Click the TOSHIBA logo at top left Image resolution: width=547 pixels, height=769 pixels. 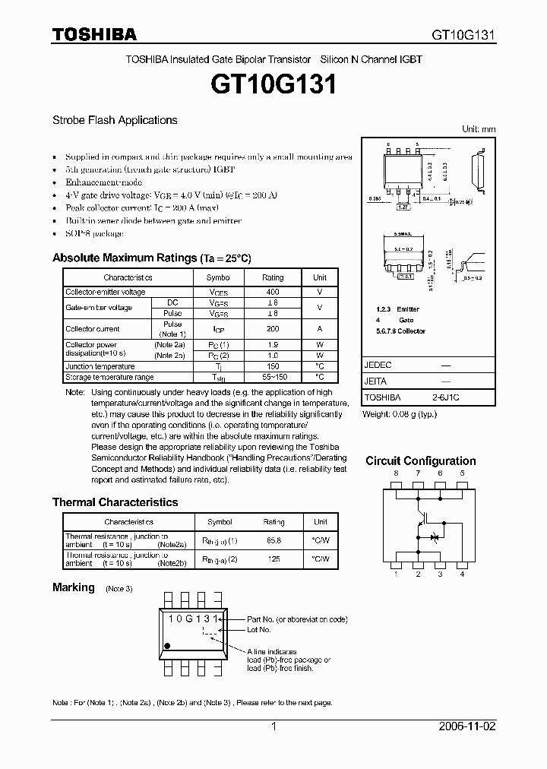(94, 34)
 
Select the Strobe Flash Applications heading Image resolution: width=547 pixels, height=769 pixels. (115, 120)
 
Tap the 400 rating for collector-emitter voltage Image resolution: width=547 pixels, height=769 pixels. (273, 292)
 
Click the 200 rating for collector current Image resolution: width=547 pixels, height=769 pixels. (273, 329)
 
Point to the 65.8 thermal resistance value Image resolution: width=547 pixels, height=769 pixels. (273, 540)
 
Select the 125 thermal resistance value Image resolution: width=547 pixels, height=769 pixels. (273, 559)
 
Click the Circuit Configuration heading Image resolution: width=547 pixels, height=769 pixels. (421, 461)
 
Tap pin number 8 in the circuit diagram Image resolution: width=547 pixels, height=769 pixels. (396, 473)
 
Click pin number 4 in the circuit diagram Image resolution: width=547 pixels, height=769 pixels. (463, 574)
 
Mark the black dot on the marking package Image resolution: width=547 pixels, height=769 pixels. (168, 645)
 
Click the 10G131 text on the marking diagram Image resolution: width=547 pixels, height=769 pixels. (193, 619)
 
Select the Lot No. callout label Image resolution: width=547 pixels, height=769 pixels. (259, 630)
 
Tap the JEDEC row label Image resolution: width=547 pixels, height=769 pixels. (378, 365)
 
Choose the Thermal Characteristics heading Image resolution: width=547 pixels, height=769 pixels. (115, 502)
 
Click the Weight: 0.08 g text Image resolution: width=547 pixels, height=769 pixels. (399, 413)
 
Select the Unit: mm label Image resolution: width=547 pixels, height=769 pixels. (479, 129)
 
